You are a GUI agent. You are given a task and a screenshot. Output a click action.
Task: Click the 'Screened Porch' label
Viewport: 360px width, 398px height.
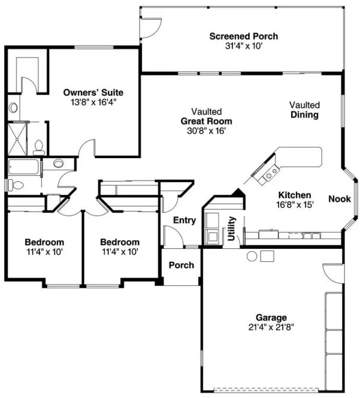[x=243, y=37]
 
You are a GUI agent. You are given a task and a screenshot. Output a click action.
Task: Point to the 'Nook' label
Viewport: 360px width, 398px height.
[x=339, y=198]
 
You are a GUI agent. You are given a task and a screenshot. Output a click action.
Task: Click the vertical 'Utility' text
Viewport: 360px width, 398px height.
[x=231, y=228]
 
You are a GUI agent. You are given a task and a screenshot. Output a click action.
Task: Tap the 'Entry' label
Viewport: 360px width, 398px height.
[x=184, y=220]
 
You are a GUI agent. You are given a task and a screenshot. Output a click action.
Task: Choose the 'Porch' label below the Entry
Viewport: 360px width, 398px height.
[x=180, y=265]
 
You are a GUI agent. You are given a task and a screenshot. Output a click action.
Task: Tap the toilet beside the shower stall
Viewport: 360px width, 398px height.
[x=38, y=146]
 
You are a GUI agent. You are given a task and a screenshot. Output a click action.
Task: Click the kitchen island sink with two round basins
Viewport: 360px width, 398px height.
[x=267, y=174]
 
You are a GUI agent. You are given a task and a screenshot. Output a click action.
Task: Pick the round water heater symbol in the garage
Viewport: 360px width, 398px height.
[x=252, y=257]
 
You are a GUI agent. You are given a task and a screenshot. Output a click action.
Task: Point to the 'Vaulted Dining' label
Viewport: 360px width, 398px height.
[x=304, y=109]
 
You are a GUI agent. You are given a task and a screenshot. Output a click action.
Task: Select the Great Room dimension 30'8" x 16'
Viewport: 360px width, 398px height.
[x=207, y=129]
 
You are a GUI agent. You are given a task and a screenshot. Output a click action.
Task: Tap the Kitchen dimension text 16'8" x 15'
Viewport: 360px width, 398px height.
[x=294, y=204]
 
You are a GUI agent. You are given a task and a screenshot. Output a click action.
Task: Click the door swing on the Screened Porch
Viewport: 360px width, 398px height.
[x=149, y=26]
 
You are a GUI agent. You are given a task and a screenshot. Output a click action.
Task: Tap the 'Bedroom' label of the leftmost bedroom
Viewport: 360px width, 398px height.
[x=44, y=242]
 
